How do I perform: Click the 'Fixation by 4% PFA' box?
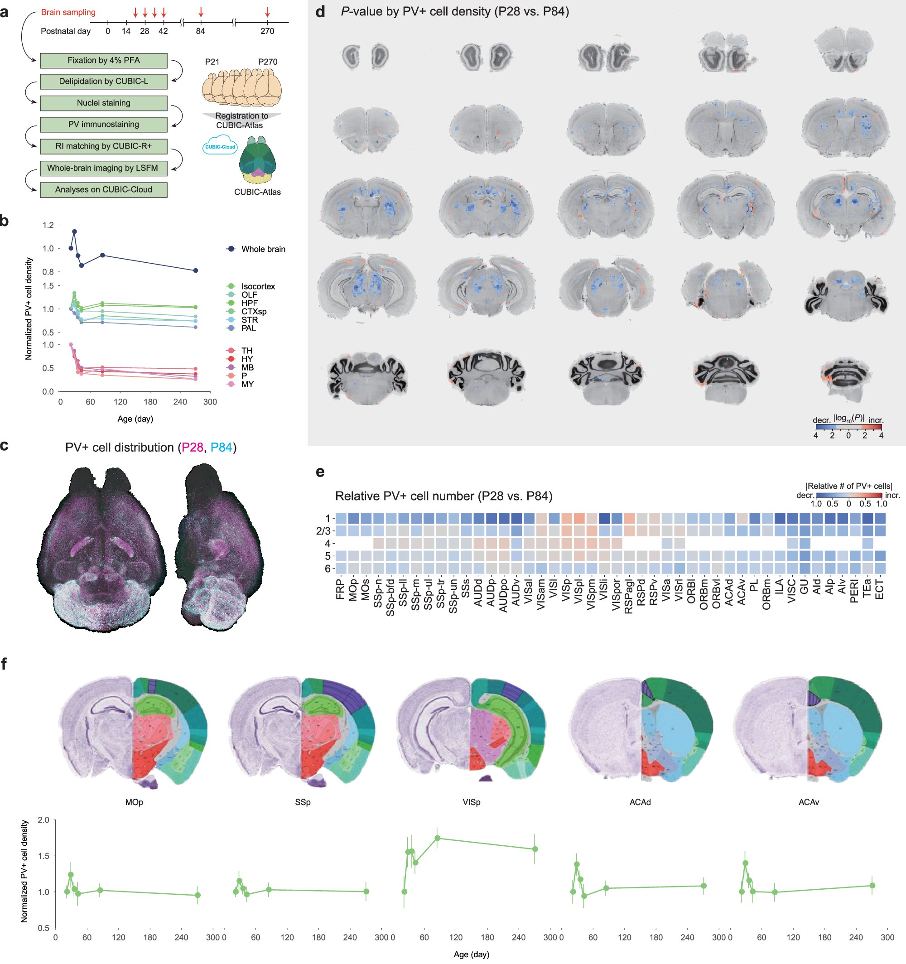(103, 61)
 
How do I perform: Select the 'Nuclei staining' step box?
(103, 103)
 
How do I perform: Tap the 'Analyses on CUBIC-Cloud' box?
(103, 190)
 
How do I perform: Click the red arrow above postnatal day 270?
(267, 12)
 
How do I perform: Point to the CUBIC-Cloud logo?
(220, 146)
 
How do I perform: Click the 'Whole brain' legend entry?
(263, 249)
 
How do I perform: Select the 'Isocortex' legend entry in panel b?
(258, 287)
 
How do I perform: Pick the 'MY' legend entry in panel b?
(247, 385)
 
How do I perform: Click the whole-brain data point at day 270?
(195, 270)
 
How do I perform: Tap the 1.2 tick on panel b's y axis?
(48, 226)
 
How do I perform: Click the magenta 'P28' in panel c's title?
(192, 448)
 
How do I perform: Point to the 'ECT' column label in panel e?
(879, 590)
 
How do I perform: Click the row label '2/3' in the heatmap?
(323, 531)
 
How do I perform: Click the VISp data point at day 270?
(535, 849)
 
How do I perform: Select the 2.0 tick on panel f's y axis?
(43, 820)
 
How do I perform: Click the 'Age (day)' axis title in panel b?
(135, 419)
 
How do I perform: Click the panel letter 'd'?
(320, 12)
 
